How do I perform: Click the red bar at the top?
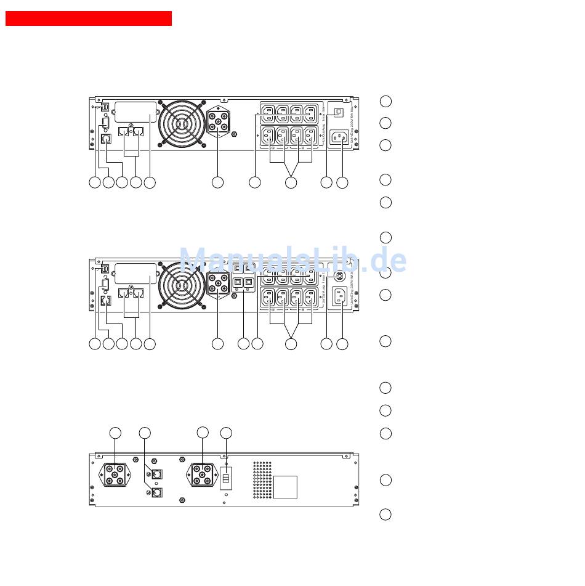coord(88,18)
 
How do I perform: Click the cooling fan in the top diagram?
coord(182,123)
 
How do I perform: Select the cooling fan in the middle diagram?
coord(182,285)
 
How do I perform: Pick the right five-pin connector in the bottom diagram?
coord(203,475)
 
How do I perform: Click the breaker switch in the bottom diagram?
coord(226,478)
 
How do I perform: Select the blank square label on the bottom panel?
coord(285,487)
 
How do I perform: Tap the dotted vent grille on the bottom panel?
coord(262,480)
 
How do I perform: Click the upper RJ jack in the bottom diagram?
coord(157,474)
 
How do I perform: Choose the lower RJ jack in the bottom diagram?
coord(157,492)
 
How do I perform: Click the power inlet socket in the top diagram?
coord(338,137)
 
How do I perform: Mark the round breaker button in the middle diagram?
coord(338,275)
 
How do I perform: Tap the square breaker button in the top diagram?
coord(338,113)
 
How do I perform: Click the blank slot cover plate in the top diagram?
coord(135,112)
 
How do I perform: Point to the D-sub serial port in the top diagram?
coord(106,121)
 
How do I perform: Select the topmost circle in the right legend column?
coord(385,101)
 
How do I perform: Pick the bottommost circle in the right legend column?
coord(385,515)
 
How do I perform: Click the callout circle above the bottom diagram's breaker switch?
coord(226,433)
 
